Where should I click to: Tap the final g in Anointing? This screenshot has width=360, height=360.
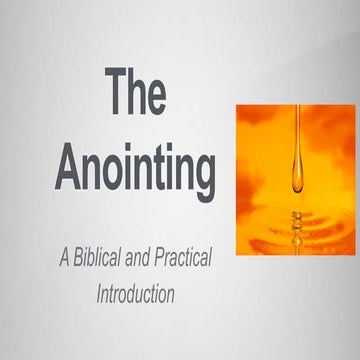coord(201,178)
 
